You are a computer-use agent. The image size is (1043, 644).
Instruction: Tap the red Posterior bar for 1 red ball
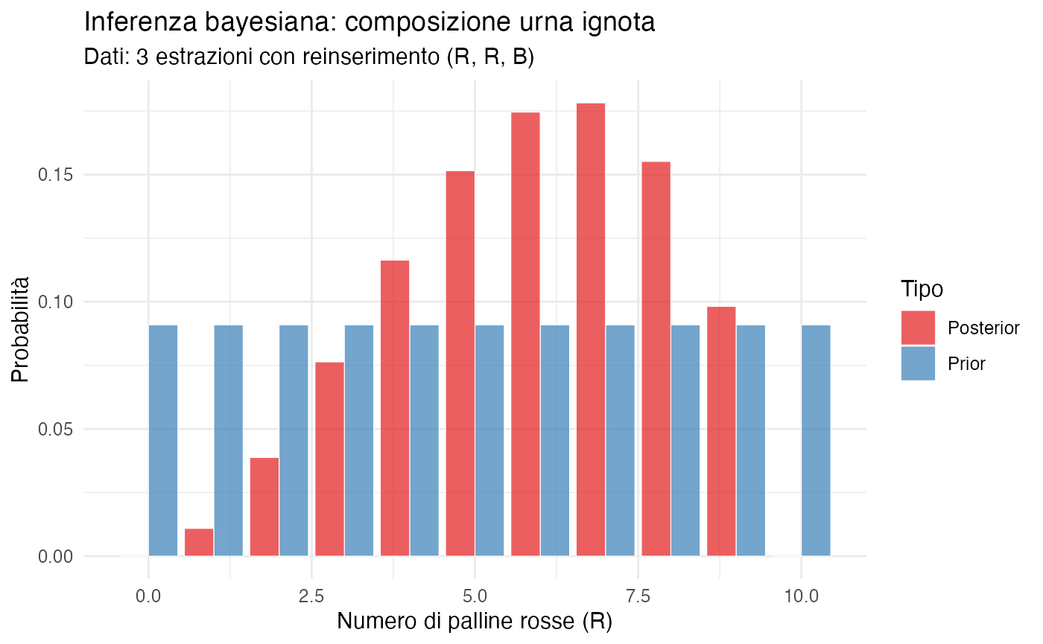199,542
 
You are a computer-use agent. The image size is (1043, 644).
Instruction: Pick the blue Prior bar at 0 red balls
163,440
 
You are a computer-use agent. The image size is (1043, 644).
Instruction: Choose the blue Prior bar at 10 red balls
816,440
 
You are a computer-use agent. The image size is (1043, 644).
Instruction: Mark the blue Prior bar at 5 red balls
489,440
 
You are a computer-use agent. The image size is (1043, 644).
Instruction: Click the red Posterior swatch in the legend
918,328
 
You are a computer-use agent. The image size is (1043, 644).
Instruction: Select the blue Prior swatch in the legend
918,363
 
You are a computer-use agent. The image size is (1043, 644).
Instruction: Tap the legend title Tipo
922,288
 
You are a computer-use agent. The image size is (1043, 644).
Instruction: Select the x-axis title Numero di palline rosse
475,621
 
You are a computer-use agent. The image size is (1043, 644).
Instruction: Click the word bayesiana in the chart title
247,22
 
